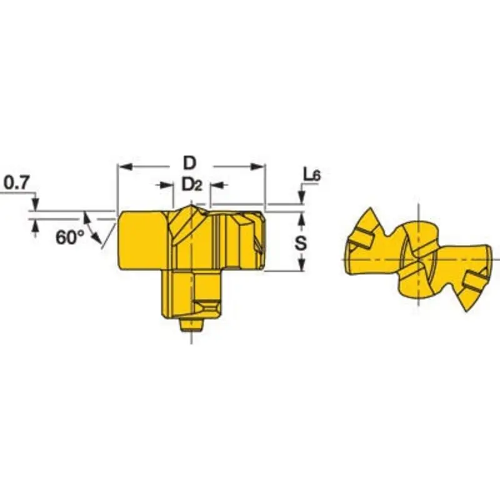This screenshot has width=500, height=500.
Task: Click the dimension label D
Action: pyautogui.click(x=189, y=163)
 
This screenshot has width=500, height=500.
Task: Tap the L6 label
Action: pyautogui.click(x=311, y=176)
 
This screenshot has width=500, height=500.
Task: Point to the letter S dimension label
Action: pyautogui.click(x=301, y=242)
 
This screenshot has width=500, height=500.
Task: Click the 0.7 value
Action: pyautogui.click(x=16, y=182)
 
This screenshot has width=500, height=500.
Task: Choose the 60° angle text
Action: pyautogui.click(x=69, y=237)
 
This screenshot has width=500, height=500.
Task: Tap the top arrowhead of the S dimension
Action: pyautogui.click(x=302, y=218)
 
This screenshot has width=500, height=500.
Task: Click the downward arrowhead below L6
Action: pyautogui.click(x=302, y=198)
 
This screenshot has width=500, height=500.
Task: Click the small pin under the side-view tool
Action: pyautogui.click(x=191, y=325)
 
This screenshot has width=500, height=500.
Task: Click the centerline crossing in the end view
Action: pyautogui.click(x=417, y=259)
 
